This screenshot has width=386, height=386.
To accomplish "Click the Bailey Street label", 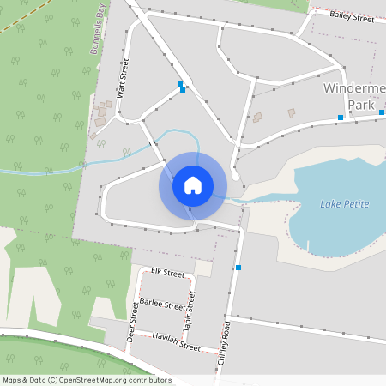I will coord(352,15).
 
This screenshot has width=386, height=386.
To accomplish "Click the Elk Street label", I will coord(167,273).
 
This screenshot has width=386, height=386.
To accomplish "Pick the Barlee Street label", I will coord(161,305).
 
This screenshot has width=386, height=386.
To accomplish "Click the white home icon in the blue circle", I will coord(193,184).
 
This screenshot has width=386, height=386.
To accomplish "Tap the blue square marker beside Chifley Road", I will coord(238,268).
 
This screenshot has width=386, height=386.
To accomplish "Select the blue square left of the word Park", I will coord(341,117).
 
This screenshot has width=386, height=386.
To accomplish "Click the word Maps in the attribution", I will coord(13,380).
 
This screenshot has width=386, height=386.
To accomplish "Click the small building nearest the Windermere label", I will coord(291,112).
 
